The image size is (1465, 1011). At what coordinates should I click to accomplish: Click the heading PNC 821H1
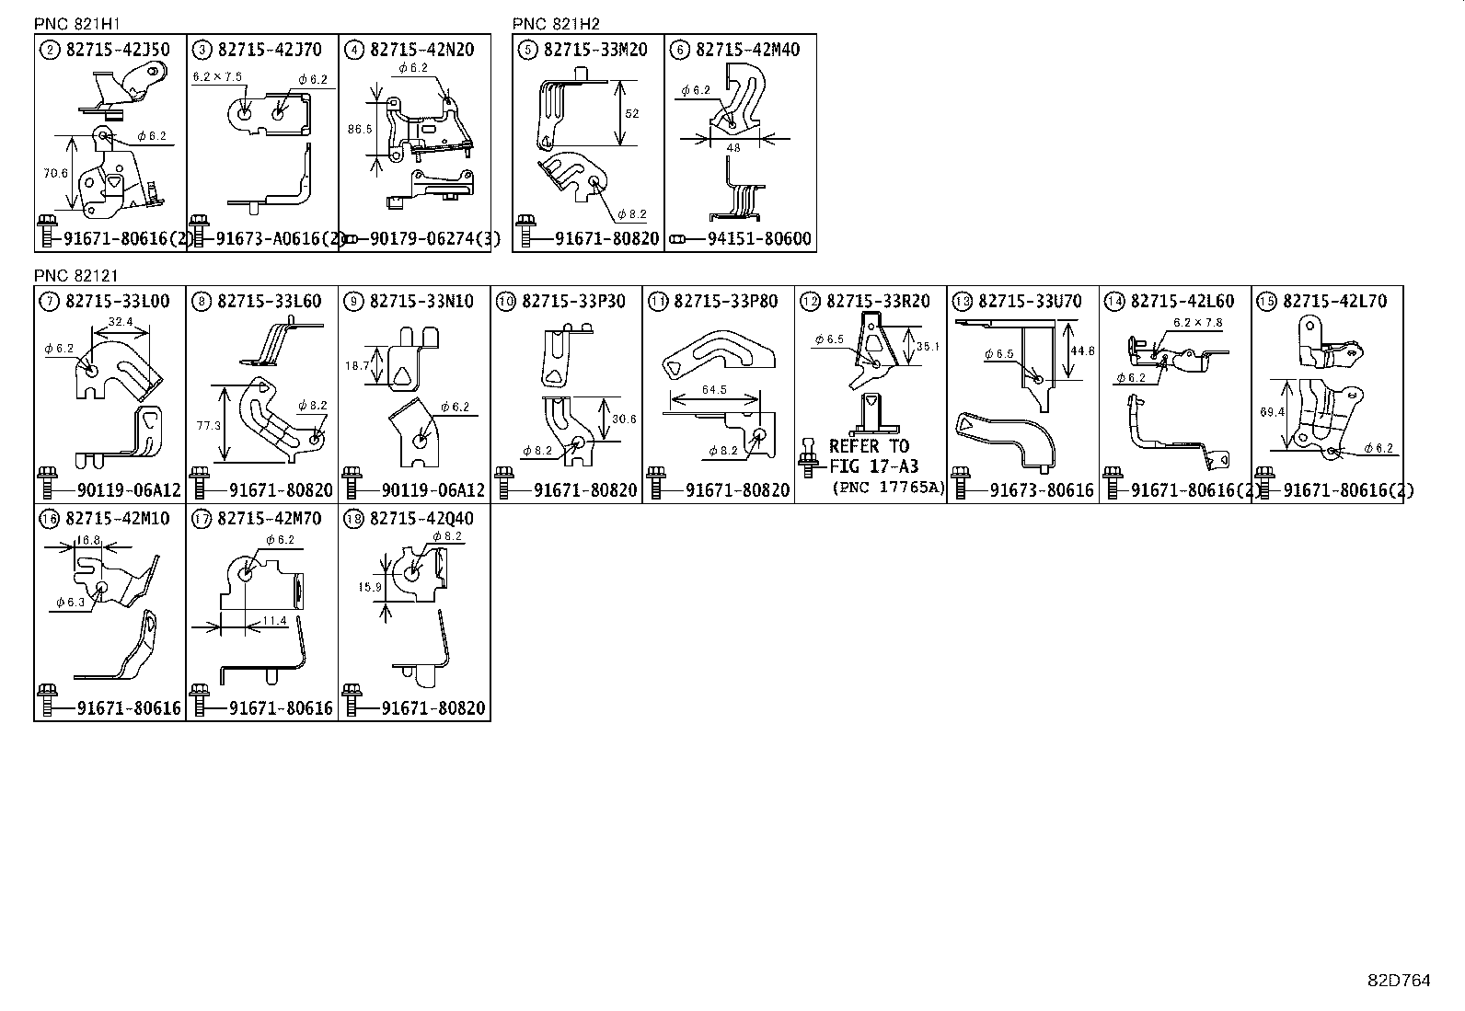(76, 24)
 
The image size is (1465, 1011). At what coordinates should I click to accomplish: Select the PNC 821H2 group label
(556, 24)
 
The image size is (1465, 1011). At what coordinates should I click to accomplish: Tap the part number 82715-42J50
(118, 50)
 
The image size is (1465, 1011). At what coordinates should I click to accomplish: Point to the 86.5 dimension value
(359, 130)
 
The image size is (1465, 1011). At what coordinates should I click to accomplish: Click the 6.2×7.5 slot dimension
(217, 77)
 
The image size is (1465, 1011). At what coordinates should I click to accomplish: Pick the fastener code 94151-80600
(759, 239)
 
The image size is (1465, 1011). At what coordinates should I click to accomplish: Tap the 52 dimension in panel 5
(631, 114)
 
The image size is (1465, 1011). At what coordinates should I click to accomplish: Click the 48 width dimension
(732, 147)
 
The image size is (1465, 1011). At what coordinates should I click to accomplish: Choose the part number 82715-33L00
(118, 302)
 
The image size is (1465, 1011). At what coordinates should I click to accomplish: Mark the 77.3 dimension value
(209, 426)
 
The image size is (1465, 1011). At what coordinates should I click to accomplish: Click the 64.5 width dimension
(714, 390)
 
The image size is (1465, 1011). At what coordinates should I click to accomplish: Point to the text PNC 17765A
(888, 488)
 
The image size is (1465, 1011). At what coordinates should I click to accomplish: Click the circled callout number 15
(1266, 302)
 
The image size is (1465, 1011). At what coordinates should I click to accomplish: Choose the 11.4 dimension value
(274, 621)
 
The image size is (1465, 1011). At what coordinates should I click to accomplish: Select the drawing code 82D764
(1398, 981)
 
